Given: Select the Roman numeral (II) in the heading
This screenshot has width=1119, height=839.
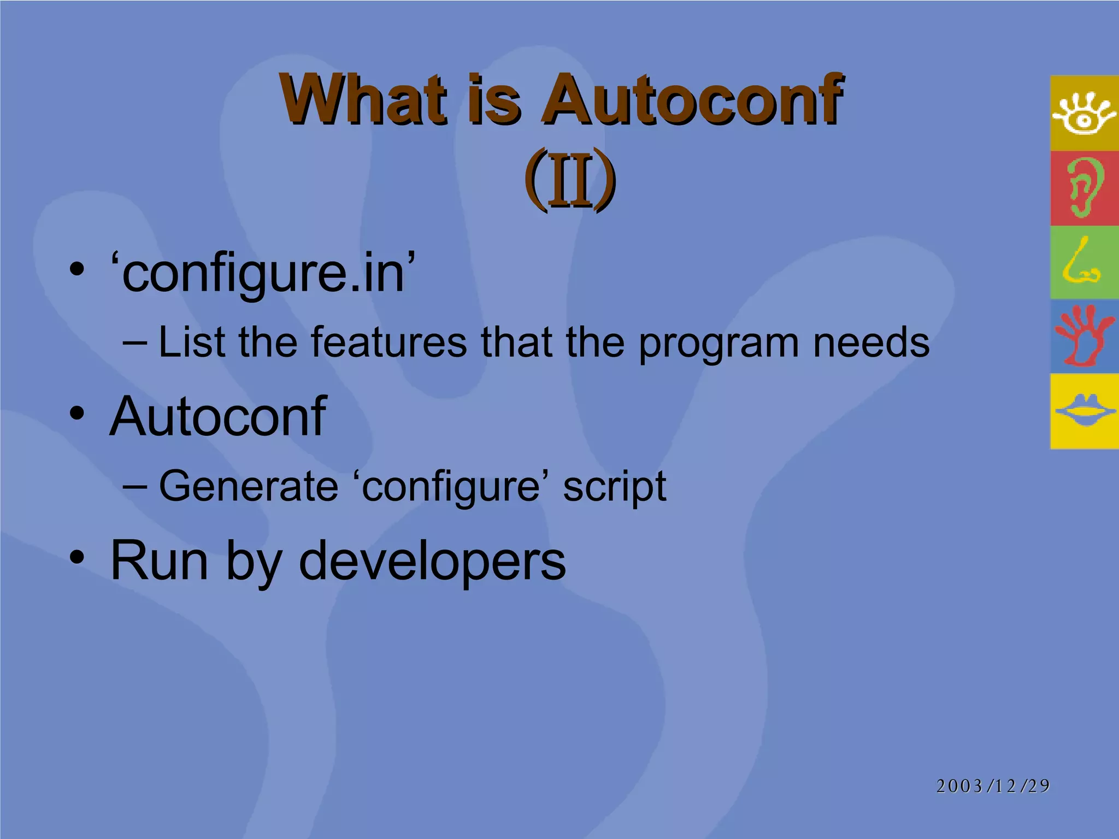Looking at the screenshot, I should coord(569,179).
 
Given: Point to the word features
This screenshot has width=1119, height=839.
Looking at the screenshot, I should coord(389,342).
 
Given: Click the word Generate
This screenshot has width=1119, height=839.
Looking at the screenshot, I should coord(249,486).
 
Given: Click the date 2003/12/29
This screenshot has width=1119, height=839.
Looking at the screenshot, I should coord(993,785).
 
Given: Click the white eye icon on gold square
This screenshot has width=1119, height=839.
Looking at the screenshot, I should coord(1084,113).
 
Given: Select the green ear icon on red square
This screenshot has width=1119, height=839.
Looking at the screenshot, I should coord(1084,188).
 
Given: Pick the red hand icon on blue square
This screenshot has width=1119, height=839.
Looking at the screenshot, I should coord(1083,336).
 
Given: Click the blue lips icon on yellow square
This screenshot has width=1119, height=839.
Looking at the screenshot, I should coord(1085,411).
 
